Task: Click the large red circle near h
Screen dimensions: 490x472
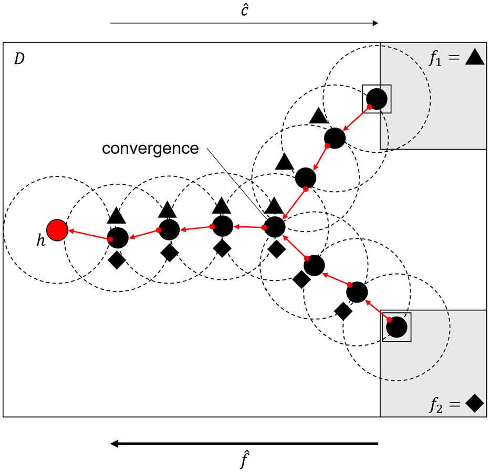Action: tap(57, 230)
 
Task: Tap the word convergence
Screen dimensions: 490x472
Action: tap(150, 149)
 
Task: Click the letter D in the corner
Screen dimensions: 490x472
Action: tap(19, 59)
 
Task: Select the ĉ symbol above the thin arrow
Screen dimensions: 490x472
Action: tap(245, 10)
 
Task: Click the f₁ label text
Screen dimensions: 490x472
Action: tap(435, 58)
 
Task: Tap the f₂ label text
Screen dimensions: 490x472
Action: tap(436, 405)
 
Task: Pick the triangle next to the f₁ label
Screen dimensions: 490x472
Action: tap(475, 57)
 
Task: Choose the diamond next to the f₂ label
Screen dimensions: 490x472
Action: tap(475, 403)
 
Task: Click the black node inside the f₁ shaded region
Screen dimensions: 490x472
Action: tap(377, 99)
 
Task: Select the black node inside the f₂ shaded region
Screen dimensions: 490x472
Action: tap(397, 327)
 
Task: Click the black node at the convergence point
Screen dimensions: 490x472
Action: tap(275, 227)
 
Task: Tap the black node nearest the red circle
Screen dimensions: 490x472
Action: tap(118, 238)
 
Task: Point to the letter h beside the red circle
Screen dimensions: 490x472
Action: tap(40, 240)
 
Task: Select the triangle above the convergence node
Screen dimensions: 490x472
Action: tap(274, 205)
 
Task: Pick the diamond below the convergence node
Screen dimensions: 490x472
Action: tap(277, 249)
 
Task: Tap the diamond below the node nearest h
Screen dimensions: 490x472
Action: tap(117, 260)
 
